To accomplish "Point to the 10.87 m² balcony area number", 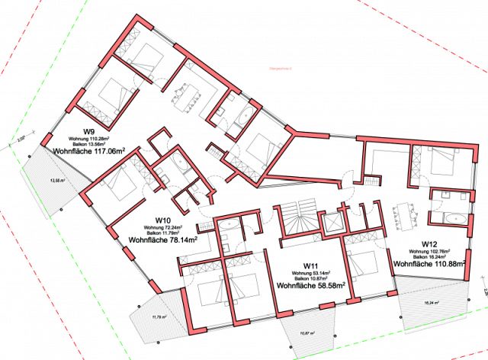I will (309, 333).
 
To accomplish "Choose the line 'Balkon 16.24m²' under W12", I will (430, 256).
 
